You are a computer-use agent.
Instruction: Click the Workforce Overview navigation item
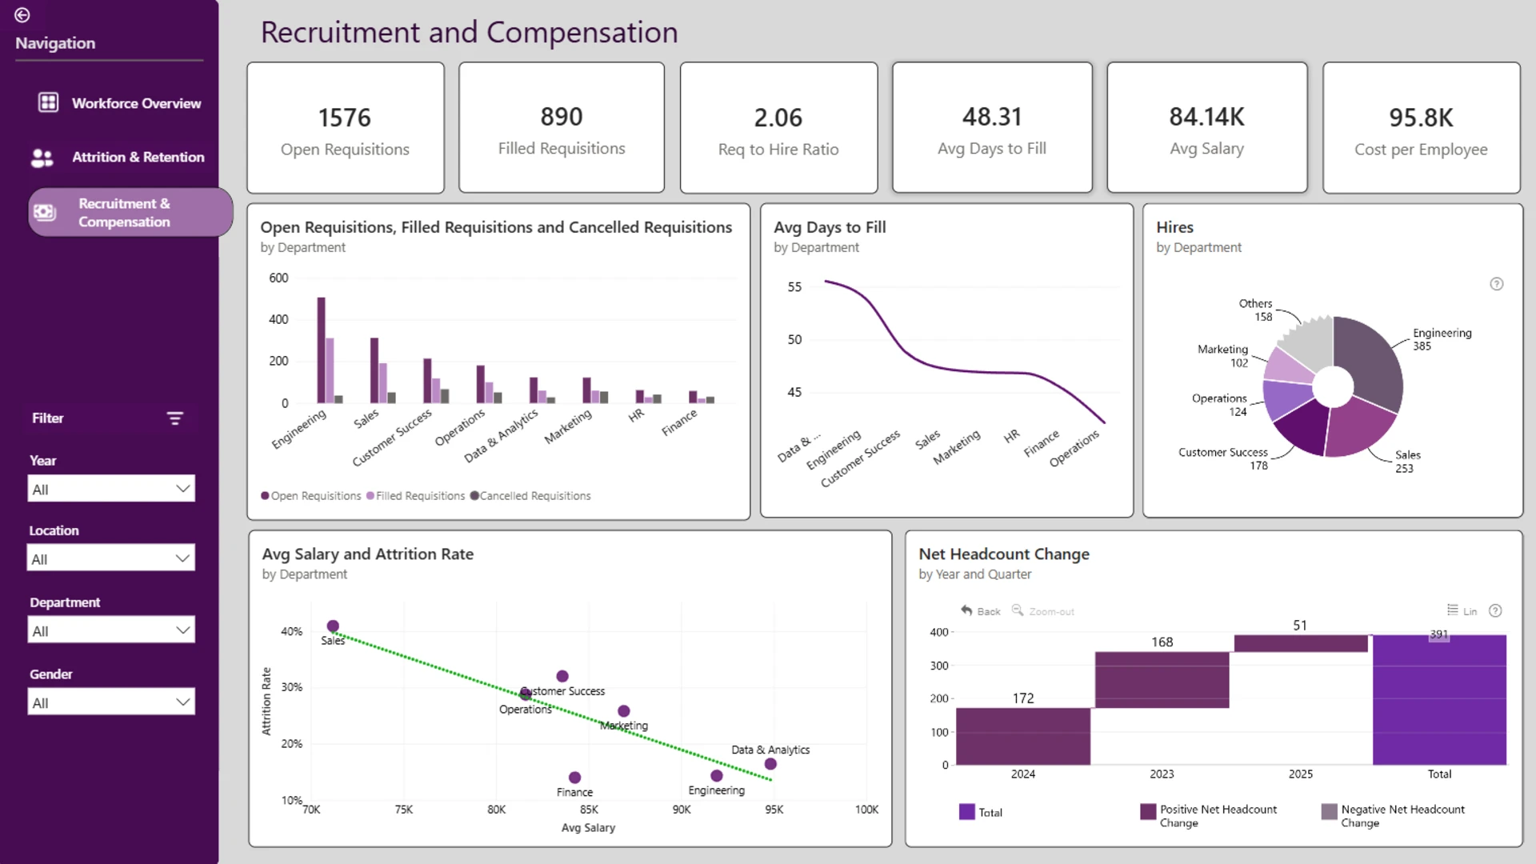pyautogui.click(x=120, y=103)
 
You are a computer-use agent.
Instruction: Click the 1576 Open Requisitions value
pyautogui.click(x=345, y=118)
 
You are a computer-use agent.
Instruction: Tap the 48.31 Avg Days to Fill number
pyautogui.click(x=992, y=117)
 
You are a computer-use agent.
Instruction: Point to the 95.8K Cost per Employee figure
pyautogui.click(x=1421, y=118)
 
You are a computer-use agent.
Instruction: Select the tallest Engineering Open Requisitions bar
pyautogui.click(x=322, y=350)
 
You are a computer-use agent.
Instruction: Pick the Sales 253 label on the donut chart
pyautogui.click(x=1407, y=462)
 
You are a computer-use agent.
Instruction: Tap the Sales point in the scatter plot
pyautogui.click(x=333, y=626)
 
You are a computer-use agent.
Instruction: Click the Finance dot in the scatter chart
pyautogui.click(x=574, y=778)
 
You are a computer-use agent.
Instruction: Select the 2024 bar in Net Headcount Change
pyautogui.click(x=1023, y=736)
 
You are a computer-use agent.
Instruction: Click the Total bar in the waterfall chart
pyautogui.click(x=1439, y=700)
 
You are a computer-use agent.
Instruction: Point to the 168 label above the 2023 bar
pyautogui.click(x=1162, y=642)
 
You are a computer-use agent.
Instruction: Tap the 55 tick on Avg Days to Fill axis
pyautogui.click(x=794, y=287)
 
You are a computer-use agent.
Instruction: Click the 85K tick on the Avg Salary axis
pyautogui.click(x=589, y=810)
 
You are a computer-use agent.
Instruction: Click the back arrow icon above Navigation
pyautogui.click(x=22, y=15)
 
